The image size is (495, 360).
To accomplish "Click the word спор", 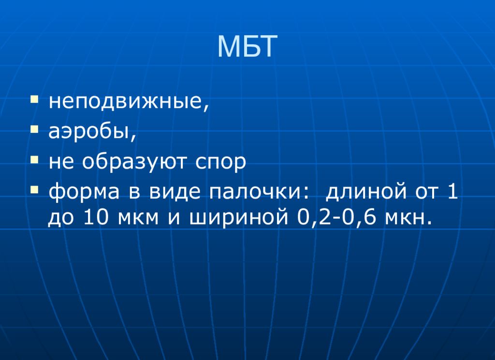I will (220, 163).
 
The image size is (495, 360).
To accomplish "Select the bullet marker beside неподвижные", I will (35, 100).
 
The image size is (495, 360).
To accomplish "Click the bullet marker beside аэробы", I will (35, 130).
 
